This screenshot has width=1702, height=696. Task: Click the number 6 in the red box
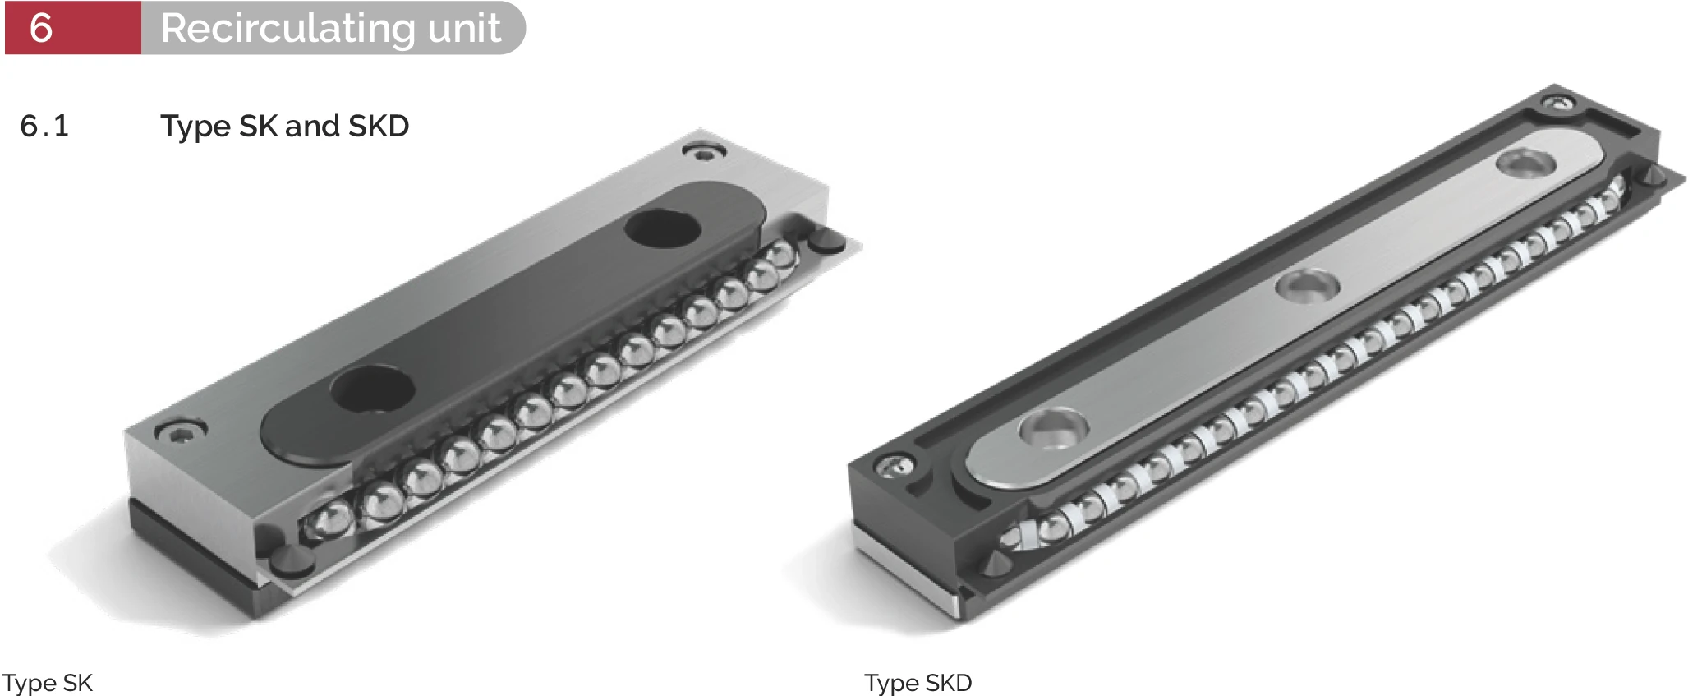click(x=41, y=28)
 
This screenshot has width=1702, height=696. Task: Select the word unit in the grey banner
click(x=464, y=29)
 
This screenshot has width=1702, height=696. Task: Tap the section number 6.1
click(x=44, y=126)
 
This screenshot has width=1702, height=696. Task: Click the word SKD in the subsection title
click(x=379, y=126)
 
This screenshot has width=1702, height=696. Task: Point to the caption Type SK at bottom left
click(x=48, y=682)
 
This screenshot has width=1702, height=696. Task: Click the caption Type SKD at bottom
click(x=918, y=682)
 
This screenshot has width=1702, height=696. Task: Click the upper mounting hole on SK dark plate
click(x=662, y=228)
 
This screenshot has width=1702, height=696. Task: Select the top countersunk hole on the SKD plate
click(x=1525, y=163)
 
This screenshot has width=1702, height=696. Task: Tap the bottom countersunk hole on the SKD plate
click(x=1053, y=429)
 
